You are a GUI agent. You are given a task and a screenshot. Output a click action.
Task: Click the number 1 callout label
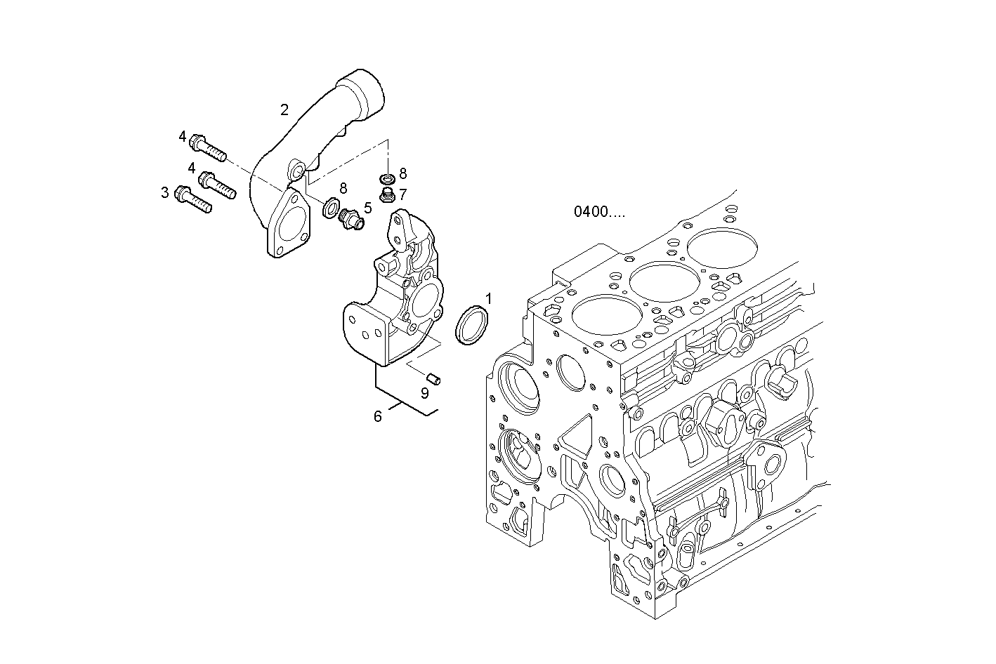(x=488, y=298)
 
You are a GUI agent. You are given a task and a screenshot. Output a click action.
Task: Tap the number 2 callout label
(x=284, y=109)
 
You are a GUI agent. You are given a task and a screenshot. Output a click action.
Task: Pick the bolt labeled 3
(x=193, y=199)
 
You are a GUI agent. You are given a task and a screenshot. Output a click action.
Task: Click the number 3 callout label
(x=165, y=192)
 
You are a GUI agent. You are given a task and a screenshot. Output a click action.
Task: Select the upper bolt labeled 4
(x=209, y=147)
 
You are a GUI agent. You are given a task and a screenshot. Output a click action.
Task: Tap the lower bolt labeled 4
(x=217, y=185)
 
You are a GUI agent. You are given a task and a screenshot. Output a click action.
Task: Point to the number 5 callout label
(x=367, y=208)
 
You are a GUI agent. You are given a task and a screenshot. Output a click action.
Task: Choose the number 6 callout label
(x=377, y=417)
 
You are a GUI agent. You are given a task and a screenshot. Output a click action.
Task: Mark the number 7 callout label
(x=403, y=194)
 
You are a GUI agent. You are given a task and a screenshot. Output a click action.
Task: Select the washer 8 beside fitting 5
(x=328, y=208)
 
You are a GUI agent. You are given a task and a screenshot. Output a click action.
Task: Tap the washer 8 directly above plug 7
(x=386, y=179)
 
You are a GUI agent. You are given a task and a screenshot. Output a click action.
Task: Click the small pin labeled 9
(x=435, y=379)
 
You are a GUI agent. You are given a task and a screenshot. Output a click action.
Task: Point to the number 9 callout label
(x=424, y=393)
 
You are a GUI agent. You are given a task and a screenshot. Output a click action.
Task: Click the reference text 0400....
(x=598, y=211)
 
